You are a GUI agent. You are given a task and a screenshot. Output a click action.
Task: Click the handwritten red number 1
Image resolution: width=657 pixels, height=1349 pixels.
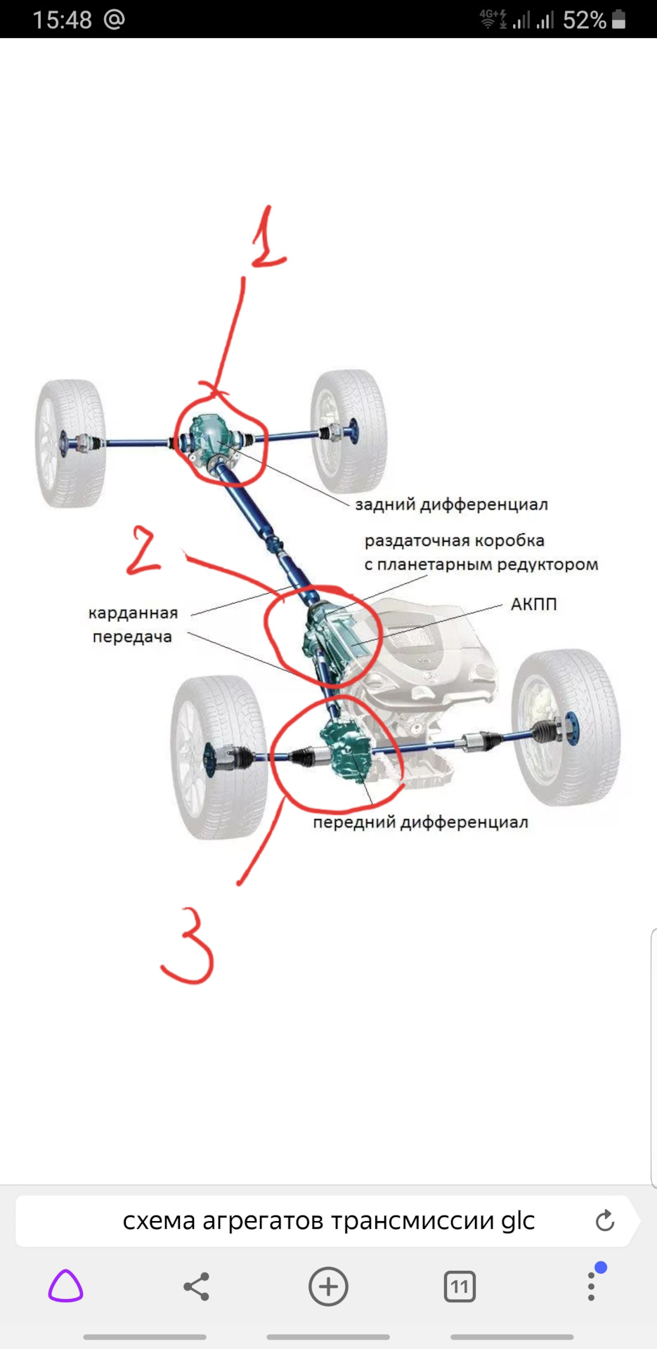267,239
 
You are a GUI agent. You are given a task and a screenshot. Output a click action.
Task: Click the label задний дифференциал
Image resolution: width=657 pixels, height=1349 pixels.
451,504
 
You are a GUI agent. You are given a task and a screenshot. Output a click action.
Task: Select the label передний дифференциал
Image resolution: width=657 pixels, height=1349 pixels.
420,822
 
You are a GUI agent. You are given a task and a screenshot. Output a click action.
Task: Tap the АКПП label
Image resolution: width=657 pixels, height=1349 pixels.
533,604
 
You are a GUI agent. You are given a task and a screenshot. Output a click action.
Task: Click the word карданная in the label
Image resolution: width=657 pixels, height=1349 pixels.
133,613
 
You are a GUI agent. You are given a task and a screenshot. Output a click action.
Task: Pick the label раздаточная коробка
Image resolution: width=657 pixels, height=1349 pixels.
454,541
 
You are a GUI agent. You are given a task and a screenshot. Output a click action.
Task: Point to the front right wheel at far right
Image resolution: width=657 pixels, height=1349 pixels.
566,727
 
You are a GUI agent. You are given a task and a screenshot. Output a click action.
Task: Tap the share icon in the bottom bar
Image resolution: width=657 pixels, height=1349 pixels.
196,1286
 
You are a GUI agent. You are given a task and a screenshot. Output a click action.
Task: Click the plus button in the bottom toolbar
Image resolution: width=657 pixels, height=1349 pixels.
328,1286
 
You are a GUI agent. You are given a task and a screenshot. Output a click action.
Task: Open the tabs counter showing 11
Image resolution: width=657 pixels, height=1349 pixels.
460,1286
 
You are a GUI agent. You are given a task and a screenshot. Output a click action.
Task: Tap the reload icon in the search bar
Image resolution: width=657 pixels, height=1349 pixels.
604,1221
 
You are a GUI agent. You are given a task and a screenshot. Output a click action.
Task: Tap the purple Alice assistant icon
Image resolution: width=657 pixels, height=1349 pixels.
65,1286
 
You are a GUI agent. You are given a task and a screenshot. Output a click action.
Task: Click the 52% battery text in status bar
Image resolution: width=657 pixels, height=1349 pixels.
584,20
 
